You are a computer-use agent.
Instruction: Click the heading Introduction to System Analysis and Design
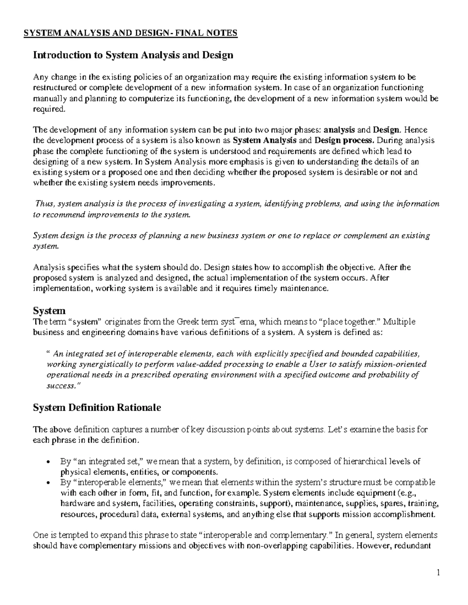tap(133, 55)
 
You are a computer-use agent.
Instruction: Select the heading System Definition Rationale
tap(97, 408)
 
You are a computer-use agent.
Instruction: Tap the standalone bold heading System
tap(49, 311)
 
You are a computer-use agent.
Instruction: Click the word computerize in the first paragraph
tap(150, 99)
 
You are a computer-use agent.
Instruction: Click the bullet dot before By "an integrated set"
tap(48, 462)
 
